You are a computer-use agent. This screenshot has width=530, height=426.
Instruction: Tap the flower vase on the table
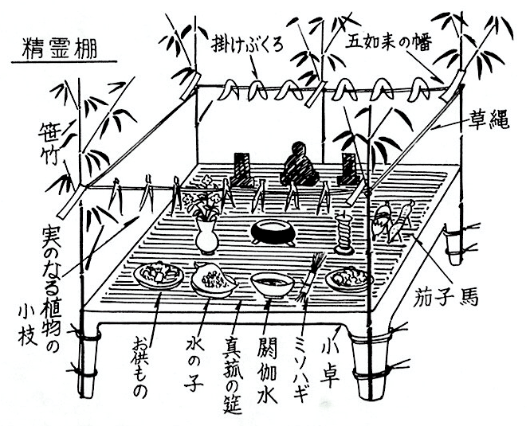[206, 236]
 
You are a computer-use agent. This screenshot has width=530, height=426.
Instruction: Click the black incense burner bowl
[272, 232]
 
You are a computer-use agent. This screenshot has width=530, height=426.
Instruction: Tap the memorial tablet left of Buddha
[241, 169]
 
